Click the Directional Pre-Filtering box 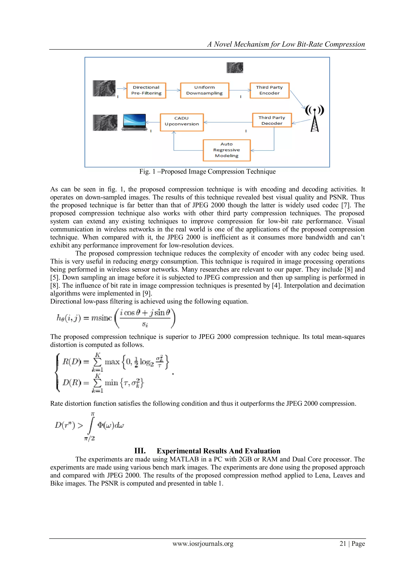click(x=146, y=90)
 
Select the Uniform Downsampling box click(x=204, y=90)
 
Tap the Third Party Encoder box click(x=269, y=90)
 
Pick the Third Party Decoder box click(x=272, y=120)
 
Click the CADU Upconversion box click(x=182, y=122)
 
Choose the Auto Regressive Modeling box click(x=227, y=150)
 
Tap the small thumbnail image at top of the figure click(x=235, y=68)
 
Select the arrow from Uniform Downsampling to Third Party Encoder click(x=240, y=90)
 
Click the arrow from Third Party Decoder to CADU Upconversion click(x=228, y=122)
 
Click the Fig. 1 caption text click(x=207, y=172)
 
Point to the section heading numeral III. click(x=140, y=451)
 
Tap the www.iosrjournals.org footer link click(x=203, y=544)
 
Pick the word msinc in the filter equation click(x=102, y=318)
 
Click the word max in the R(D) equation click(x=112, y=362)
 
